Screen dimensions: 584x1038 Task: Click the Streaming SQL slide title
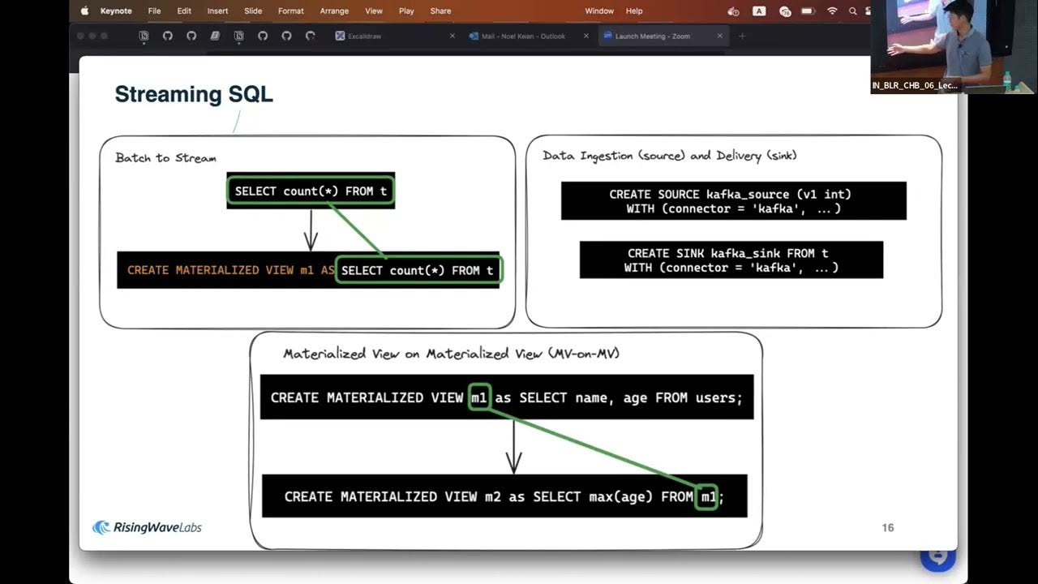(x=194, y=94)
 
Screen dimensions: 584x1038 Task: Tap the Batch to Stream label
(x=165, y=157)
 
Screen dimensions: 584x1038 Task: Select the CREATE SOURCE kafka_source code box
(x=733, y=201)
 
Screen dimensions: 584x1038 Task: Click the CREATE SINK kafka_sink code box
(x=731, y=260)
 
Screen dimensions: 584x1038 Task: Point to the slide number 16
(x=887, y=528)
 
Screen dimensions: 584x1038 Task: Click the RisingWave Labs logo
(x=147, y=528)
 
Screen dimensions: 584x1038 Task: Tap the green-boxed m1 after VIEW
(x=479, y=397)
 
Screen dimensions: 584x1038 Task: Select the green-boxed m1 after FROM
(x=707, y=496)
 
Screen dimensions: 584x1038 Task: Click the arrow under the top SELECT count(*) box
(x=310, y=230)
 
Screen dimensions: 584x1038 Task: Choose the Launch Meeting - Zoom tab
(x=652, y=36)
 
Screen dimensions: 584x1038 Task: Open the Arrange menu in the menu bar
(x=334, y=11)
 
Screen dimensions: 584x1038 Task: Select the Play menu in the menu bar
(x=406, y=11)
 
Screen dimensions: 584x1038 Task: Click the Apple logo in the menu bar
(x=84, y=11)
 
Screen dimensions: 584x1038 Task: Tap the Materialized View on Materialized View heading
(x=452, y=354)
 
